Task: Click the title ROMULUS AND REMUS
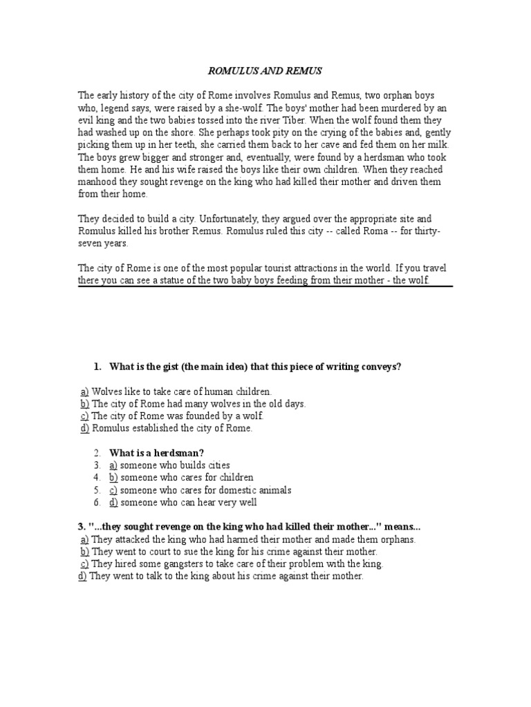click(x=265, y=70)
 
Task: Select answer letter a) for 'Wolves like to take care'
click(x=84, y=391)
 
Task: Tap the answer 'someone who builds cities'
click(x=175, y=465)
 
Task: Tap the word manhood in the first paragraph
click(x=97, y=182)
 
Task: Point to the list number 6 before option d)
click(x=98, y=503)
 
